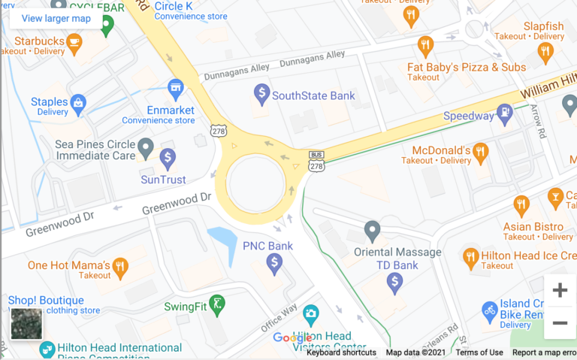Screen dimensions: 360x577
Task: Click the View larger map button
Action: click(x=56, y=18)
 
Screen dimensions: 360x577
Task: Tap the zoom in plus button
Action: click(x=560, y=290)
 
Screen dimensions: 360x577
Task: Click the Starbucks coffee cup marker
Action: click(x=74, y=43)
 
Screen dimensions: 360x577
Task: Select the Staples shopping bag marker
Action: click(x=78, y=102)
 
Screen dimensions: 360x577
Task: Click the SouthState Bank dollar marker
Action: click(x=261, y=94)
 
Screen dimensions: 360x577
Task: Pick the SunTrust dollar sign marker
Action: click(x=168, y=158)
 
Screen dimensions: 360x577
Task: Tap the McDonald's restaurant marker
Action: click(x=481, y=153)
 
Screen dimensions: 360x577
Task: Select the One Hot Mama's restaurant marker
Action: click(x=120, y=266)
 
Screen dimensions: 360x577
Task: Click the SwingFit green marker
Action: click(x=216, y=304)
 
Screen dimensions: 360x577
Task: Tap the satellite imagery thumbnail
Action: click(x=26, y=324)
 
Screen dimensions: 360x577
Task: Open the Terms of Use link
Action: click(x=479, y=352)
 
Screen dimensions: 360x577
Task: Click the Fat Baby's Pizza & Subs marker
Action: click(x=426, y=47)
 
